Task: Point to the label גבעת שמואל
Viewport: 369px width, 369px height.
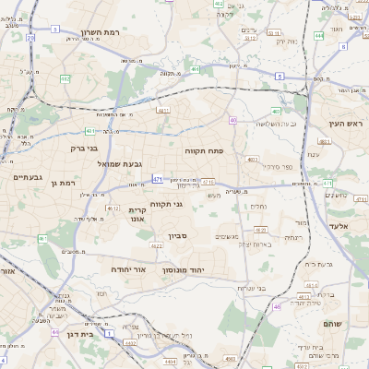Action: pos(119,163)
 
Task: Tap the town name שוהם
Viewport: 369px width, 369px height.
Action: pos(333,324)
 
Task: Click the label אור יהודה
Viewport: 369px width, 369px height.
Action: pos(129,269)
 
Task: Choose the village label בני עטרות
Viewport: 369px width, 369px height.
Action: pos(250,288)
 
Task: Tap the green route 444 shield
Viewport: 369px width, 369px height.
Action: pos(318,35)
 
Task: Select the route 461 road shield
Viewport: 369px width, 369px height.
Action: pos(42,239)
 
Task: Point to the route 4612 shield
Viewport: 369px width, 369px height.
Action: pos(113,209)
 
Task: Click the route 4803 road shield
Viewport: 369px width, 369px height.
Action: pos(253,160)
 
